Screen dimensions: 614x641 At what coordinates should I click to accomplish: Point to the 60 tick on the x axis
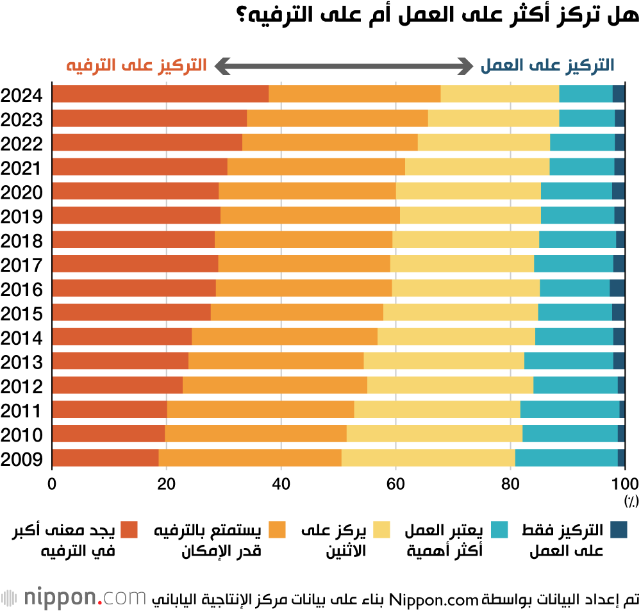pyautogui.click(x=395, y=483)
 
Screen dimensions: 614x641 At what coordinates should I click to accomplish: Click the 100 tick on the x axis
pyautogui.click(x=623, y=483)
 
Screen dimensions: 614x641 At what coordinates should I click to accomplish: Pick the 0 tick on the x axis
pyautogui.click(x=52, y=483)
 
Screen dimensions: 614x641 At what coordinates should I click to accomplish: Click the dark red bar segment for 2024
pyautogui.click(x=160, y=94)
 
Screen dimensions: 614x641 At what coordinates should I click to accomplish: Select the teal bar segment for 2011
pyautogui.click(x=570, y=409)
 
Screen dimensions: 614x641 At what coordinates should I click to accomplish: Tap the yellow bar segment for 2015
pyautogui.click(x=460, y=312)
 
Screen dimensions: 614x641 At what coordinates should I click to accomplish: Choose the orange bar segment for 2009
pyautogui.click(x=250, y=458)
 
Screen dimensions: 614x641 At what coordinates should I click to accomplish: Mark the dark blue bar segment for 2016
pyautogui.click(x=617, y=288)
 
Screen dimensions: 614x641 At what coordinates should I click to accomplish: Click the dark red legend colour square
pyautogui.click(x=129, y=530)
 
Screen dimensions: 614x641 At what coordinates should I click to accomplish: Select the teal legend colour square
pyautogui.click(x=500, y=530)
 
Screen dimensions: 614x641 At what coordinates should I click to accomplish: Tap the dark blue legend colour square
pyautogui.click(x=619, y=530)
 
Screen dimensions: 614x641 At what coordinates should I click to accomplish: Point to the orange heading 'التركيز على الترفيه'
pyautogui.click(x=136, y=65)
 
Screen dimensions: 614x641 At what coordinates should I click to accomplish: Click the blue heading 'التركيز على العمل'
pyautogui.click(x=547, y=65)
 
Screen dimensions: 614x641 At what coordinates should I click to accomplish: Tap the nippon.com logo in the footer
pyautogui.click(x=74, y=599)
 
